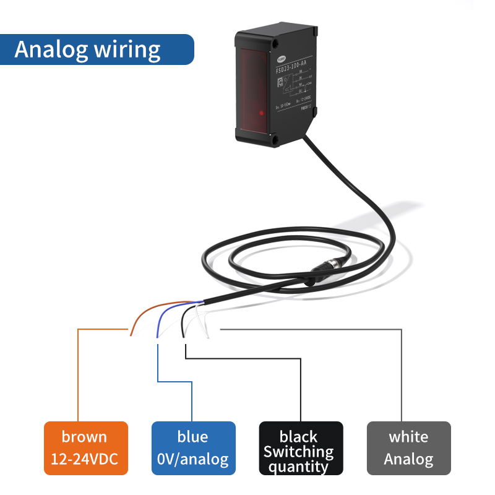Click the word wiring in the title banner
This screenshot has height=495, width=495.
click(127, 50)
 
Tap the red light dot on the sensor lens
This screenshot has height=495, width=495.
click(262, 113)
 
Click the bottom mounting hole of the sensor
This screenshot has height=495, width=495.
click(273, 140)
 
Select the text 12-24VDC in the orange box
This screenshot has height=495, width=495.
click(85, 460)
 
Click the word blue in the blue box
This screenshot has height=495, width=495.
click(192, 437)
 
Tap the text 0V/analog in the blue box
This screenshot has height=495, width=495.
click(193, 460)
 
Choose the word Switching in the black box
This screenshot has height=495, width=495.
click(299, 452)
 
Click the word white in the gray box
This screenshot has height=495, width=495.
click(408, 437)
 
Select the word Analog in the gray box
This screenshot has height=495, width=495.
click(408, 460)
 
